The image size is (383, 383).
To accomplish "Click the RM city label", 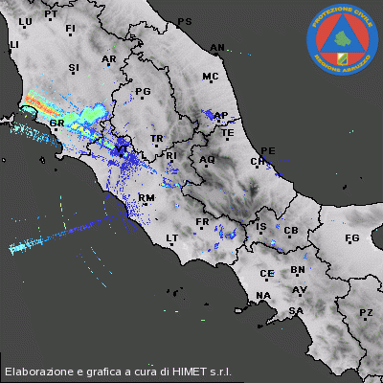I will point(146,198).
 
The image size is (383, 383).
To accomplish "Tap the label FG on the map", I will point(351,237).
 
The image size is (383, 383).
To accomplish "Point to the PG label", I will point(144,92).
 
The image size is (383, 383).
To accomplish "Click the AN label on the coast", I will point(217,47).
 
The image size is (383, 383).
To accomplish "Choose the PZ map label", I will point(366,313).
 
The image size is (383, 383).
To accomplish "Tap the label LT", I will point(173,237).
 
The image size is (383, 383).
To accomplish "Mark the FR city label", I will point(202,221).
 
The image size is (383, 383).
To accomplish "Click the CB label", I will point(292,231).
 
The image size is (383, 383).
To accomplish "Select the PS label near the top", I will point(185,21).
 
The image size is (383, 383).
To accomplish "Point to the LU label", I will point(26,20).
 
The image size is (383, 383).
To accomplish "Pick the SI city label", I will point(74,68).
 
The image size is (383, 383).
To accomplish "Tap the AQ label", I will point(207,160).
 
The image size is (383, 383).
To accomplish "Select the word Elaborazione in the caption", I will point(39,370).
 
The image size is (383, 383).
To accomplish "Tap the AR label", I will point(108,59).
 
